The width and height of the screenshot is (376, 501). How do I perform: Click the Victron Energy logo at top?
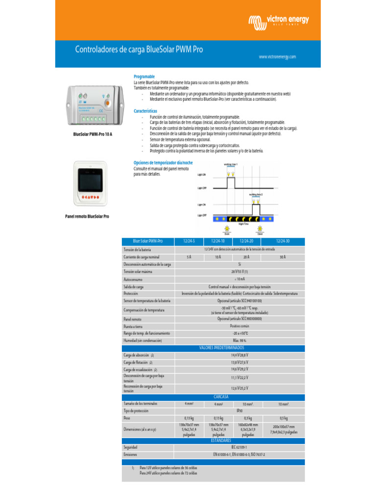pyautogui.click(x=279, y=21)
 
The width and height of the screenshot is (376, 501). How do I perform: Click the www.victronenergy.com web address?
pyautogui.click(x=278, y=57)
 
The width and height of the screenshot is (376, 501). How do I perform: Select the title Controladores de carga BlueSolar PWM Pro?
pyautogui.click(x=139, y=49)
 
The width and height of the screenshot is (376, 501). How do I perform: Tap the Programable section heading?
pyautogui.click(x=144, y=77)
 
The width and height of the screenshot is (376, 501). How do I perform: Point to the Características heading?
pyautogui.click(x=145, y=111)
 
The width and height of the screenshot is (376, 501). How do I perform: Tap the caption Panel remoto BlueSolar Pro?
pyautogui.click(x=87, y=216)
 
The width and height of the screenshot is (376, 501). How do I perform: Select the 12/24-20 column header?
pyautogui.click(x=246, y=241)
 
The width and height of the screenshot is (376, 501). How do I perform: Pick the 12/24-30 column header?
pyautogui.click(x=282, y=241)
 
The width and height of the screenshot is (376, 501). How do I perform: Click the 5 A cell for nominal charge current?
pyautogui.click(x=189, y=257)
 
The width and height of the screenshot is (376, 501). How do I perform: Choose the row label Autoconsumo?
pyautogui.click(x=133, y=279)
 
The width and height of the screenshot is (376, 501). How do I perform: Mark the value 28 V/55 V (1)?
pyautogui.click(x=240, y=272)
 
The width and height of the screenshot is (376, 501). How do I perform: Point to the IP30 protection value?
pyautogui.click(x=240, y=411)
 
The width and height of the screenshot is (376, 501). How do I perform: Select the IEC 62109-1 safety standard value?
pyautogui.click(x=239, y=447)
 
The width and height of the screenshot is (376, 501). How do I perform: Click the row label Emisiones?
pyautogui.click(x=131, y=455)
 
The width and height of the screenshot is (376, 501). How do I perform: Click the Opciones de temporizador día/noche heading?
pyautogui.click(x=164, y=162)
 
